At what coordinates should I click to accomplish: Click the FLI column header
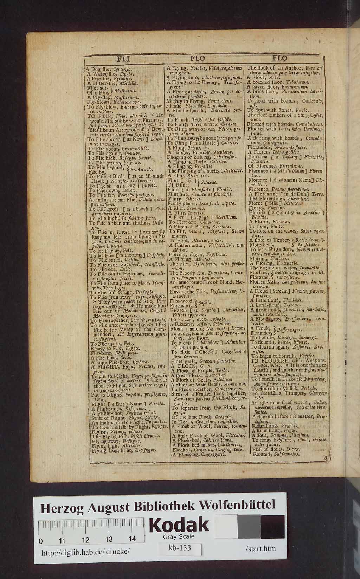[124, 59]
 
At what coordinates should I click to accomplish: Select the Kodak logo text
[179, 525]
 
